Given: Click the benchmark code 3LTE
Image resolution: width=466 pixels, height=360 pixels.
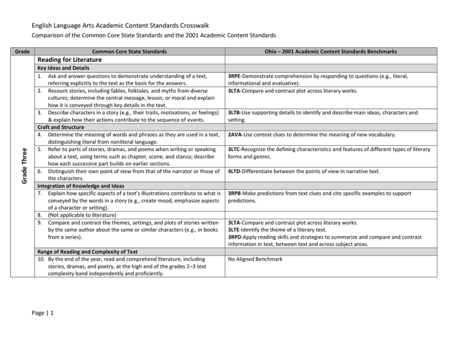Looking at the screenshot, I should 237,231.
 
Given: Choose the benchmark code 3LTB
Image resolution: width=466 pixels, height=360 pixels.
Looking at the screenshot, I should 237,113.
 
